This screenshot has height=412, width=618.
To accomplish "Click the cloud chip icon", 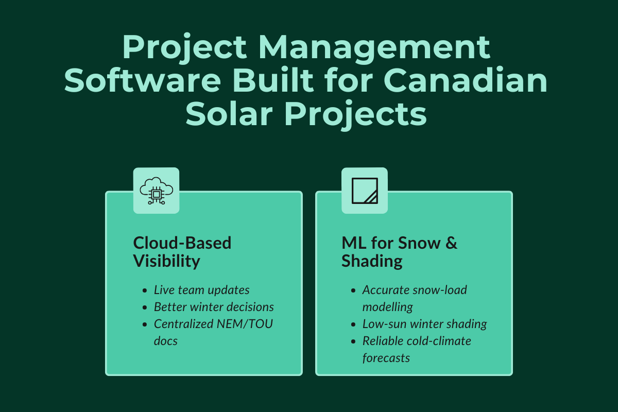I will coord(156,191).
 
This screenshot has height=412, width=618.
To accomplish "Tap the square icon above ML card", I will coord(365,191).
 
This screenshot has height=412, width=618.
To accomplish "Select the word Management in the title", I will coord(375,47).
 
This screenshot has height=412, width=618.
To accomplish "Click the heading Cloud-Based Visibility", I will coord(182,252).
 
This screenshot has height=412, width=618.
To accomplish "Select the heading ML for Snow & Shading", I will coord(399,252).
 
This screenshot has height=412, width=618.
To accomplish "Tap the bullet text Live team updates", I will coord(202,289).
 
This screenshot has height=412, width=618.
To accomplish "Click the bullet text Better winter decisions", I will coord(214,307).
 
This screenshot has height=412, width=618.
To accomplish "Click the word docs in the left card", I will coord(166,341).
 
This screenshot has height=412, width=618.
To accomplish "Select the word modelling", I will coord(387,307).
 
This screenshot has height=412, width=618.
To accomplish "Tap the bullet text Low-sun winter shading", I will coord(424,324).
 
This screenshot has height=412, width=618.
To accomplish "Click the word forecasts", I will coord(386,358).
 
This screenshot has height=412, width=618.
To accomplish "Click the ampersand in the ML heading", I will coord(451,243).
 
